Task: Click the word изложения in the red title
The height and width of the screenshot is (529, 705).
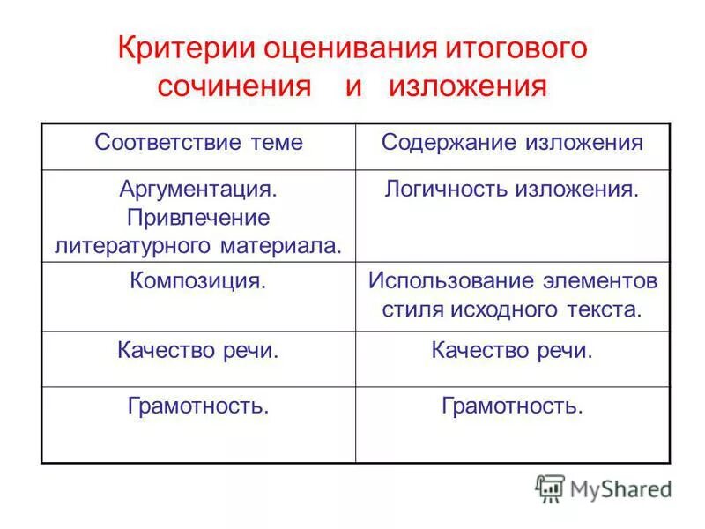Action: click(468, 87)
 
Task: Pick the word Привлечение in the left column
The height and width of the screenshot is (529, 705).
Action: click(198, 217)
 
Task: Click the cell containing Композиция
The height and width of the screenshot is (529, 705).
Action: click(198, 282)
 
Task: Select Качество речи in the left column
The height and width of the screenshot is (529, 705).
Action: click(198, 351)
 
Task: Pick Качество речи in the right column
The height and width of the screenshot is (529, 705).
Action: click(512, 351)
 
